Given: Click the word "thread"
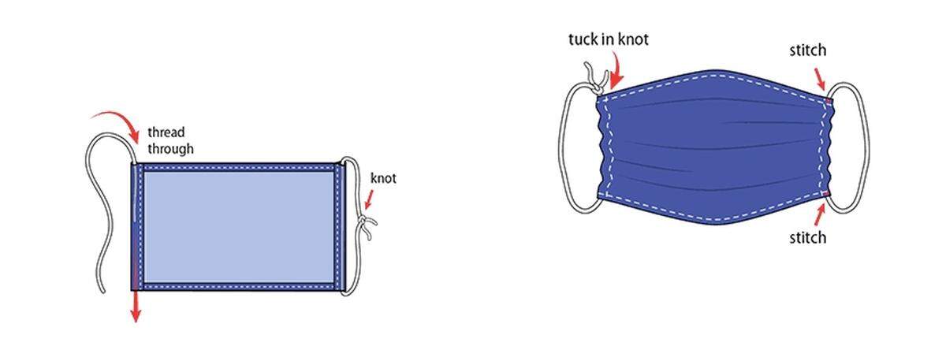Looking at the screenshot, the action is point(166,132).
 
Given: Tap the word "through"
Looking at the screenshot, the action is point(170,149).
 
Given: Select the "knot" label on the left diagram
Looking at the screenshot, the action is point(383,178).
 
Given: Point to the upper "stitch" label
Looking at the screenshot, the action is point(808,50).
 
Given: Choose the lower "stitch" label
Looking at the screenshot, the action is point(808,238).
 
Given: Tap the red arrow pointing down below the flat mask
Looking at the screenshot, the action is point(135,307).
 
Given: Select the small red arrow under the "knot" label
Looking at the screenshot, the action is point(370,199).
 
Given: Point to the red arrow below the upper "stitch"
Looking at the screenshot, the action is point(819,79).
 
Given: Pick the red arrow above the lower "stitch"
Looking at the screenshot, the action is point(820,214).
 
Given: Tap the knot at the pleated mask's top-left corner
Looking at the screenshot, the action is point(597,82).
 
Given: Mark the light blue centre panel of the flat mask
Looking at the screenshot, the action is point(239,227).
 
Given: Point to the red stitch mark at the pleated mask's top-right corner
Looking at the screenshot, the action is point(829,101).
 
